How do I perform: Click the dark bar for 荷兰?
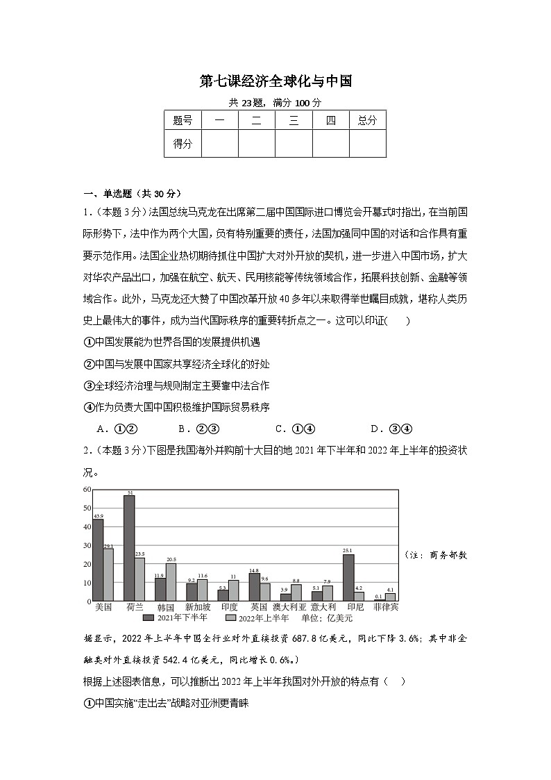pyautogui.click(x=129, y=548)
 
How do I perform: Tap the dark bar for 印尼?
pyautogui.click(x=348, y=577)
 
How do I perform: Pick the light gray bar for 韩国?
pyautogui.click(x=171, y=582)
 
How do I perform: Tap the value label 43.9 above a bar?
pyautogui.click(x=99, y=516)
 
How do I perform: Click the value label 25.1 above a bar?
pyautogui.click(x=348, y=551)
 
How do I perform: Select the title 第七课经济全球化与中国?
pyautogui.click(x=275, y=81)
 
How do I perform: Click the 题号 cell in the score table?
pyautogui.click(x=183, y=120)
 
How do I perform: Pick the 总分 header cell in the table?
pyautogui.click(x=367, y=120)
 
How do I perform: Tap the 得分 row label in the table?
pyautogui.click(x=183, y=144)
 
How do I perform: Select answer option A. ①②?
pyautogui.click(x=117, y=429)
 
